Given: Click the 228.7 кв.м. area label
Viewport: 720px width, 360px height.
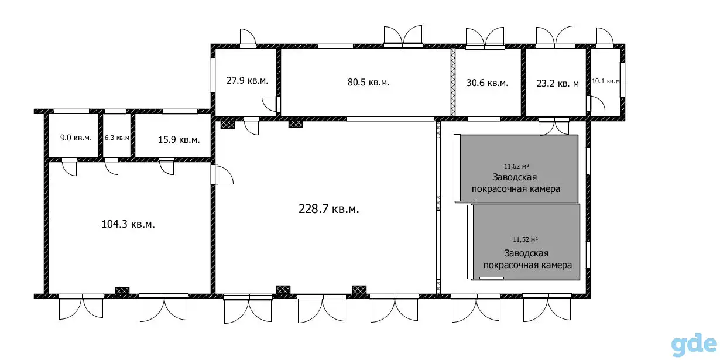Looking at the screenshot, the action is click(328, 209).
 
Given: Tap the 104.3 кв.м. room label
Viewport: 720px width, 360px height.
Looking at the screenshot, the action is click(128, 224).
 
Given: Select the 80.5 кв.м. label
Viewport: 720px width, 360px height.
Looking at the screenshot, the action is click(368, 83).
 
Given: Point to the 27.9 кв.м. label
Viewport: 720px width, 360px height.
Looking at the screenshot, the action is click(247, 80).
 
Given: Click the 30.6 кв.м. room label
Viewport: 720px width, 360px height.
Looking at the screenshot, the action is click(487, 83).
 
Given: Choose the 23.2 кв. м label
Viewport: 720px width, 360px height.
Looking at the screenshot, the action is click(558, 84).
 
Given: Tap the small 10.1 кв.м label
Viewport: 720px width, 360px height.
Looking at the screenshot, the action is click(606, 81).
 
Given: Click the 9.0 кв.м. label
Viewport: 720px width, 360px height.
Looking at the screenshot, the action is click(76, 138).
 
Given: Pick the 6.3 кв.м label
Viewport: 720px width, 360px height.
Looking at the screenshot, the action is click(117, 138).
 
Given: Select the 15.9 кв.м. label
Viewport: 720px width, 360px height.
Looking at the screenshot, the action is click(179, 140).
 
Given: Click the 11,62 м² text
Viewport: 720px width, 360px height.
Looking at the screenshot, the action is click(516, 166).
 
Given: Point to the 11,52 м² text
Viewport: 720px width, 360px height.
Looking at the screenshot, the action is click(525, 239).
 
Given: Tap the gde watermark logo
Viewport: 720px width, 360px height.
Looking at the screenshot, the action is click(694, 345).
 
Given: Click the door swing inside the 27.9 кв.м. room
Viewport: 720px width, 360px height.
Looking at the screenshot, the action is click(269, 104).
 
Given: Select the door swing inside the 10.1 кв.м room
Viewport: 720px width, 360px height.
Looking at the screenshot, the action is click(598, 104).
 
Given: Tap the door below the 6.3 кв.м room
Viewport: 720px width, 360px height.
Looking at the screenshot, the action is click(112, 168).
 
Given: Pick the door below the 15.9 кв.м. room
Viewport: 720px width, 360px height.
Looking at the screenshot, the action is click(166, 168).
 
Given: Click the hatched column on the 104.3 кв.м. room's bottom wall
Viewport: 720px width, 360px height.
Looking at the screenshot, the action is click(122, 290).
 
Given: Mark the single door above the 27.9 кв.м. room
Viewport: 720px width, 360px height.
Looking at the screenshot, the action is click(248, 37).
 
